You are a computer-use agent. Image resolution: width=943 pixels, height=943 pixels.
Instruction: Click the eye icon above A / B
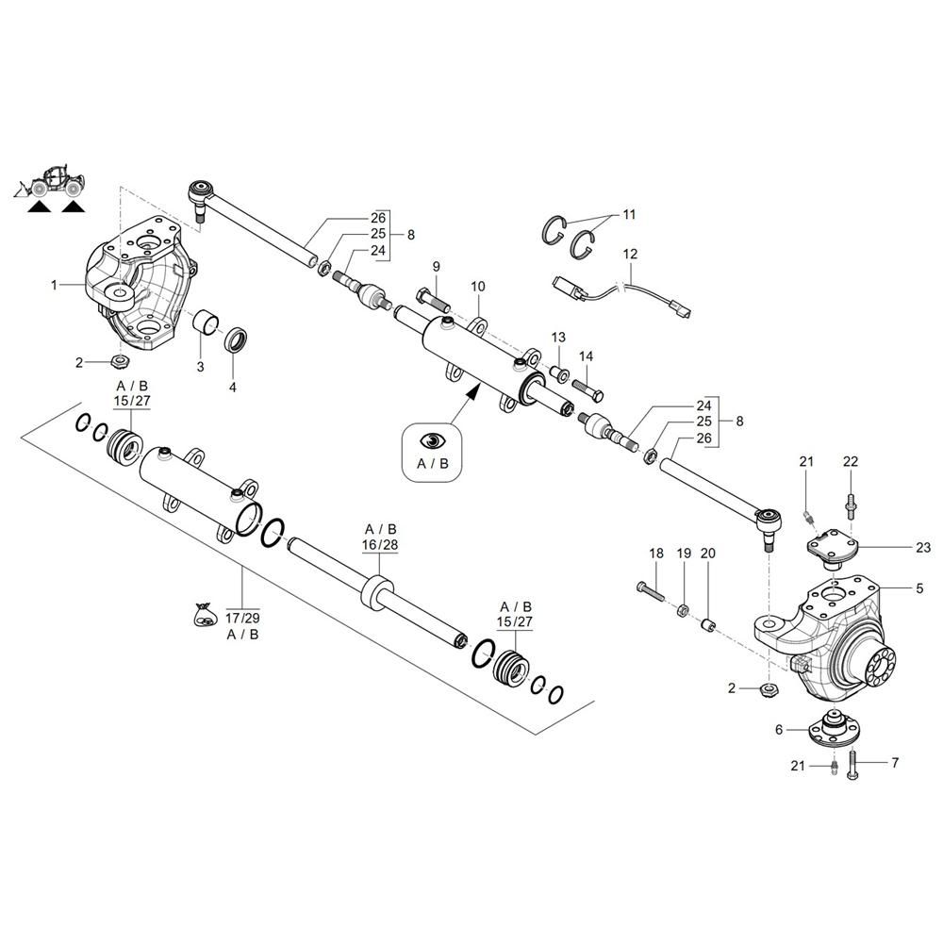point(433,440)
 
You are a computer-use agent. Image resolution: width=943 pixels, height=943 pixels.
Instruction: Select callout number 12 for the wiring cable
point(630,254)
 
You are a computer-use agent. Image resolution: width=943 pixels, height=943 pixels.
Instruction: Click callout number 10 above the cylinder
point(477,287)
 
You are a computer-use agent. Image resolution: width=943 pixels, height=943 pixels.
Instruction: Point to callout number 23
point(923,547)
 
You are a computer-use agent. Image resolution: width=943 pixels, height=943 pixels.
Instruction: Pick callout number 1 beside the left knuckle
point(54,285)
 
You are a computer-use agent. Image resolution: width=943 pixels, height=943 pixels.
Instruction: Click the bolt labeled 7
point(852,765)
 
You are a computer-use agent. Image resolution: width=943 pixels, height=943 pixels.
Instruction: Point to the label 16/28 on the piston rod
point(379,545)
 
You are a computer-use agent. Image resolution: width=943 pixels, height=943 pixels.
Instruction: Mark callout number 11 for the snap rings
point(629,214)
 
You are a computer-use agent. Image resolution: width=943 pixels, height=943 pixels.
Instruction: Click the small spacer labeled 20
point(708,625)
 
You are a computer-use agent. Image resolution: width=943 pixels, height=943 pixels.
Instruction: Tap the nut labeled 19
point(683,610)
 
